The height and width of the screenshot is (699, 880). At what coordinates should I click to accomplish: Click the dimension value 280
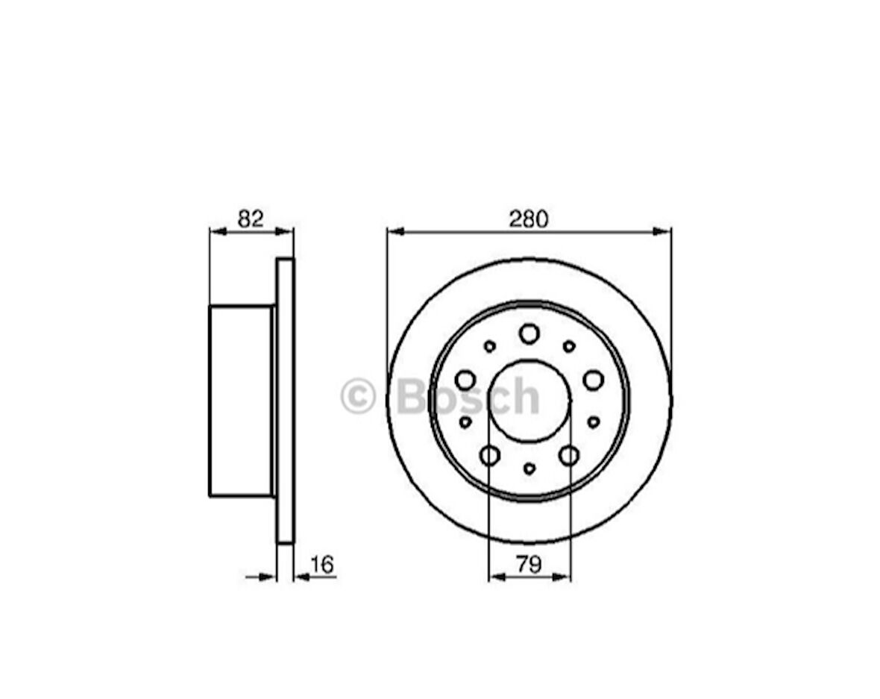click(528, 219)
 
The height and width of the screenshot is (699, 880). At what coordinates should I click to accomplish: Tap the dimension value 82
click(251, 219)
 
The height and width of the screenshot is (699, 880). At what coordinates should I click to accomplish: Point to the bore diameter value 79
click(529, 565)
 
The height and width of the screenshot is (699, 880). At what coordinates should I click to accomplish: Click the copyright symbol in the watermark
click(358, 396)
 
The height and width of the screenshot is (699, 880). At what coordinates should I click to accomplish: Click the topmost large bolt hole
click(529, 333)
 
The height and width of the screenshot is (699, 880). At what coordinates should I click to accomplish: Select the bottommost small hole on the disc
click(529, 468)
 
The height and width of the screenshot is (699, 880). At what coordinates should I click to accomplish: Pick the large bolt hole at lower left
click(490, 455)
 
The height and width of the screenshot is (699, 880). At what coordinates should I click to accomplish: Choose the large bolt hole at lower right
click(569, 455)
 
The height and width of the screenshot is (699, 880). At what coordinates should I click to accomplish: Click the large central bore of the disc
click(529, 401)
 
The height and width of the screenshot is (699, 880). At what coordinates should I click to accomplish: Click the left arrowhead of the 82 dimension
click(217, 231)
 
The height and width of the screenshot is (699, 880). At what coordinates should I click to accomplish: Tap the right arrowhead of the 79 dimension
click(564, 577)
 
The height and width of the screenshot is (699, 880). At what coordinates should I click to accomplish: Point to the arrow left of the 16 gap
click(268, 577)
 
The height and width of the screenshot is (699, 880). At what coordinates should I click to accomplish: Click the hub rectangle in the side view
click(241, 401)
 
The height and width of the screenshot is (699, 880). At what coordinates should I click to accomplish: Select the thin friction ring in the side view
click(286, 401)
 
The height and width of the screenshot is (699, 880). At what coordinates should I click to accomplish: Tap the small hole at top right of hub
click(569, 346)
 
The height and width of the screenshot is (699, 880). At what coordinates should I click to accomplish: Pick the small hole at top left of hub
click(490, 346)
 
